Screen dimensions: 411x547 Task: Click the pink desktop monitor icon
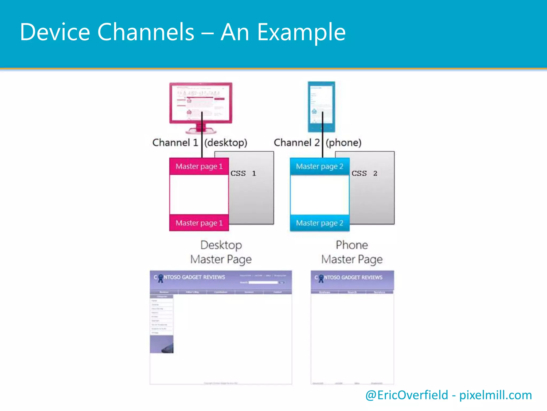tap(201, 107)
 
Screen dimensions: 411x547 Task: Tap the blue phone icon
tap(321, 106)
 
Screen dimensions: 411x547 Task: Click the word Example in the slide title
tap(302, 32)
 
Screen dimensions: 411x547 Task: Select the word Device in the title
tap(55, 32)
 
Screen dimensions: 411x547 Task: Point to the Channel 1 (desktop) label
tap(200, 143)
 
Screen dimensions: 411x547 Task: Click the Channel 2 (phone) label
tap(318, 143)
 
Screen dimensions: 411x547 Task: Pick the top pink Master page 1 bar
tap(199, 166)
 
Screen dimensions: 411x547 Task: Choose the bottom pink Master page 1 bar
tap(199, 223)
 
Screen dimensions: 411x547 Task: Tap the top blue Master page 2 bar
tap(319, 166)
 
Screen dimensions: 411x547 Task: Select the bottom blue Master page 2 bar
tap(319, 223)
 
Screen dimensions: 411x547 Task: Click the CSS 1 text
tap(243, 173)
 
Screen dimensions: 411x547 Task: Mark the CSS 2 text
tap(364, 173)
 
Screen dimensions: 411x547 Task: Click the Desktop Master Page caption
tap(221, 252)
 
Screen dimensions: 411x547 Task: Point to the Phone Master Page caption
tap(352, 252)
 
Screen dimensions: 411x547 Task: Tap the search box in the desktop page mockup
tap(263, 283)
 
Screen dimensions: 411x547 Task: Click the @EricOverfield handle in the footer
tap(407, 395)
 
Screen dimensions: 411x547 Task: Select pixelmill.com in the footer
tap(495, 395)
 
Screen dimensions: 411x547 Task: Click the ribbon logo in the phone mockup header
tap(321, 278)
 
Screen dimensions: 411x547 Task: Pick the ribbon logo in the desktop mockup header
tap(161, 278)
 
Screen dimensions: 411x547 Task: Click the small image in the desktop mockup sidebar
tap(162, 344)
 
